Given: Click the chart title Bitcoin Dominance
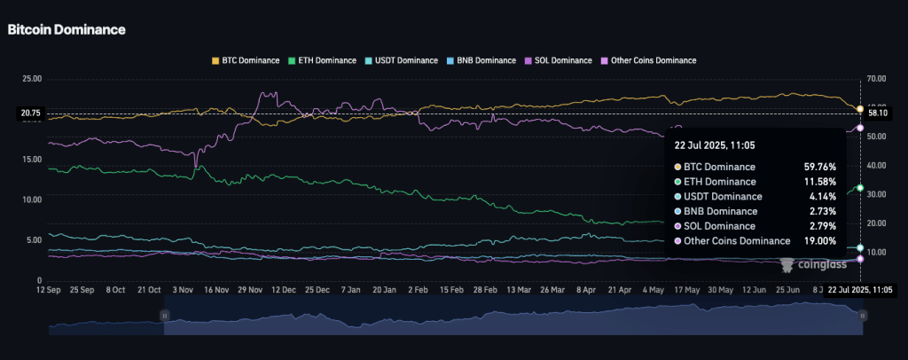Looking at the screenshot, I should [x=67, y=29].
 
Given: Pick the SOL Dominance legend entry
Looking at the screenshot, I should [x=559, y=60].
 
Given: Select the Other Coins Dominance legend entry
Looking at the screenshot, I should [x=648, y=60].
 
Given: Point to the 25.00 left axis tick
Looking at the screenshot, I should [x=31, y=79].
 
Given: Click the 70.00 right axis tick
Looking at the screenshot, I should [x=878, y=79].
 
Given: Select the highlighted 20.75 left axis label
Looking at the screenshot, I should [x=31, y=113].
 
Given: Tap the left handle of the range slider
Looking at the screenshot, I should [x=164, y=315].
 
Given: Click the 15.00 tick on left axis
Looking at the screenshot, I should [x=31, y=160].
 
